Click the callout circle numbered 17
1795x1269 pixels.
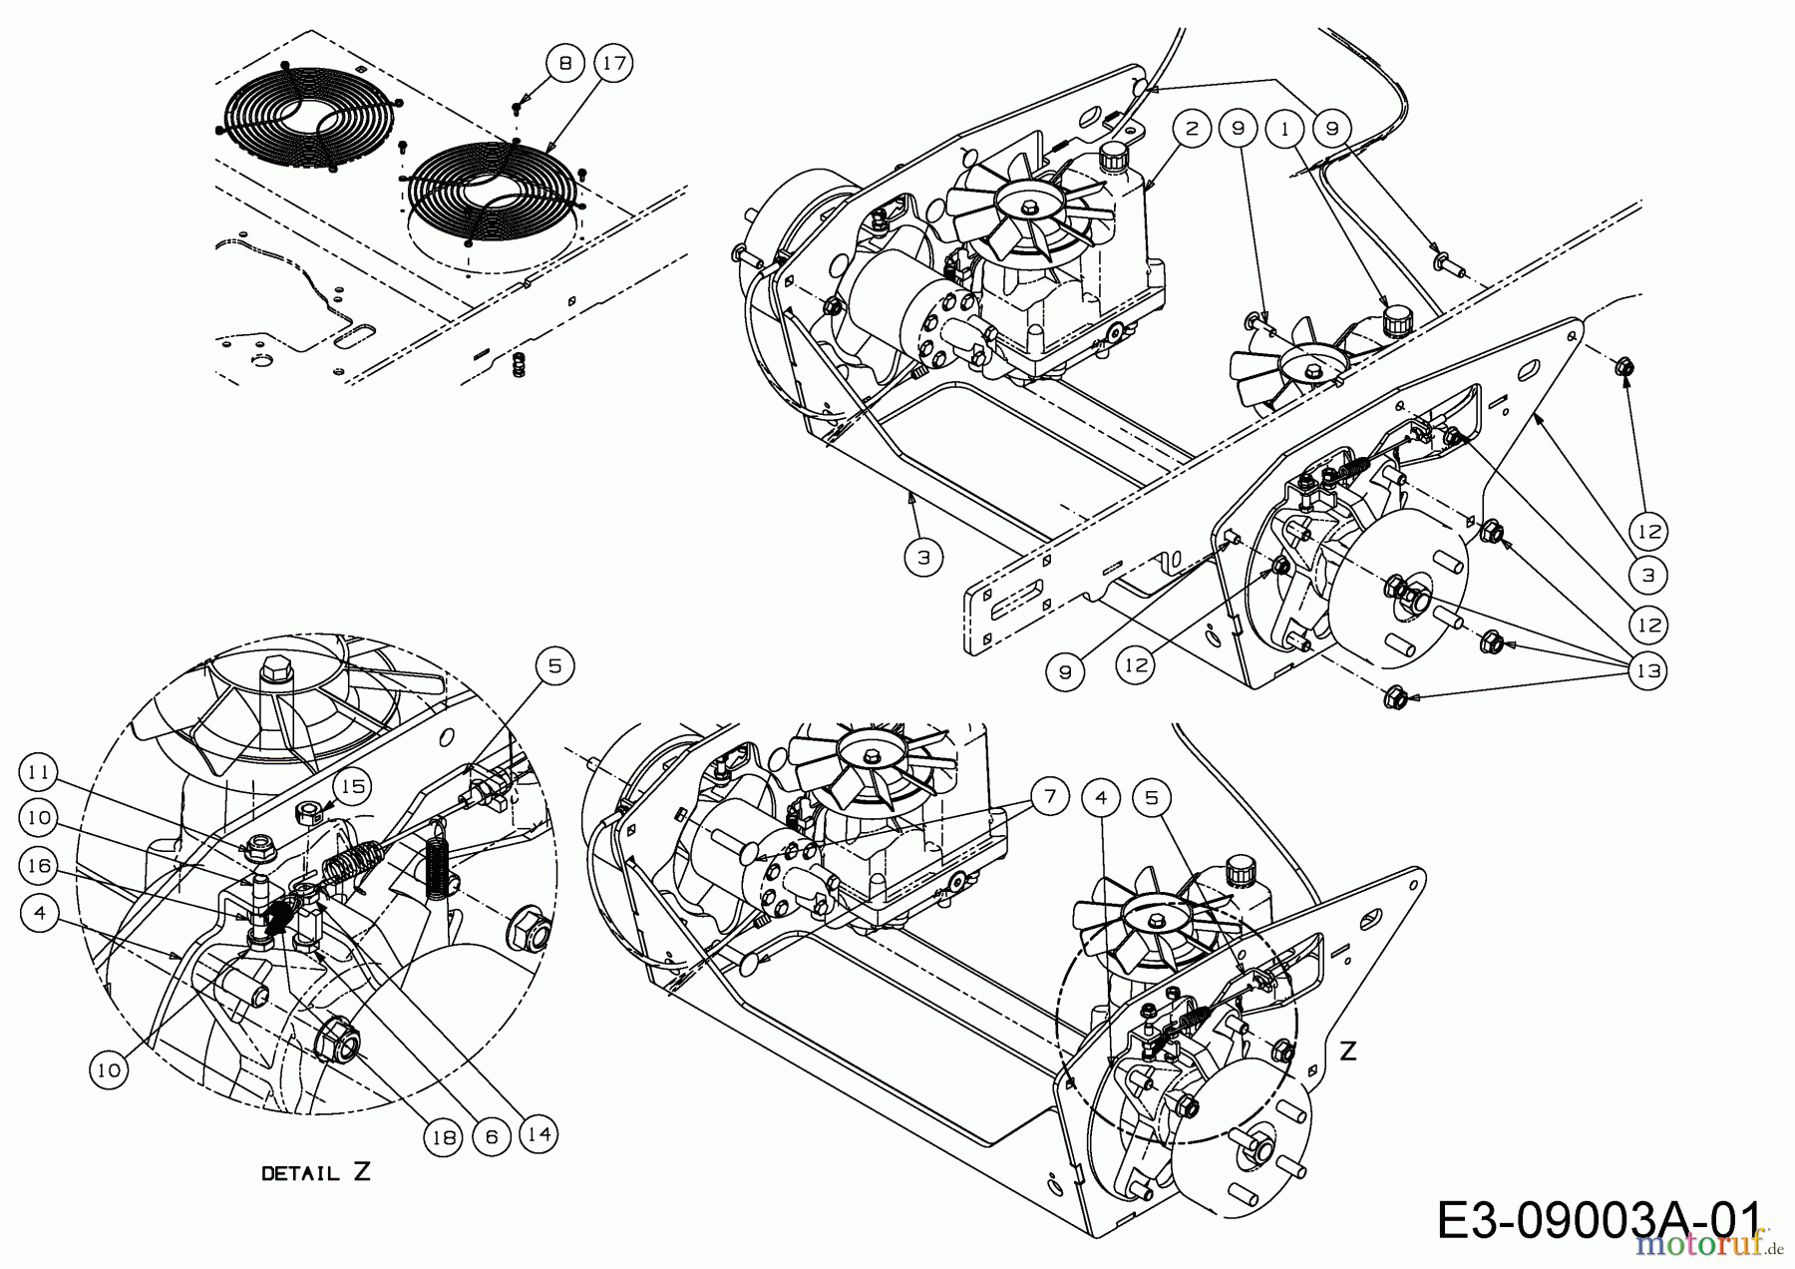[x=614, y=63]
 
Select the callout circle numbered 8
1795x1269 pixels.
[x=565, y=63]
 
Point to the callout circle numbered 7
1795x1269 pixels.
[x=1050, y=796]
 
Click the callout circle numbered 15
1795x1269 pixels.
[x=351, y=787]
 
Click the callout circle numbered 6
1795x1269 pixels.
[x=492, y=1134]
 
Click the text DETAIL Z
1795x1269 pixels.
[x=315, y=1173]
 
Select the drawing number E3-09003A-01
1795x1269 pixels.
[x=1598, y=1222]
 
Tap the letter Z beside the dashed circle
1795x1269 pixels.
[x=1348, y=1051]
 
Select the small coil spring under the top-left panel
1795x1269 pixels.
[x=518, y=364]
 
